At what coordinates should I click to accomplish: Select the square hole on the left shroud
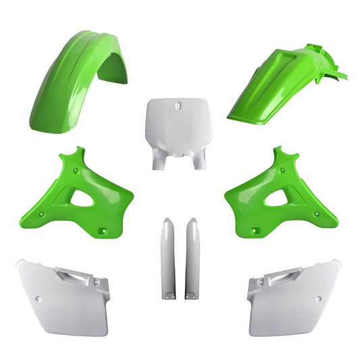(102, 232)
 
